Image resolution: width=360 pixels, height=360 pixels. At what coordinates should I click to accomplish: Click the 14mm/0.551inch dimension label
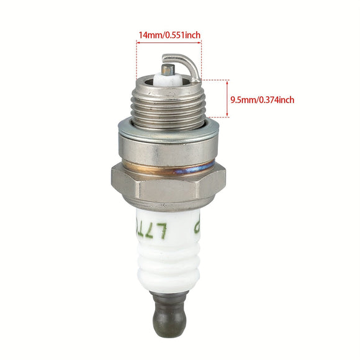[x=169, y=35]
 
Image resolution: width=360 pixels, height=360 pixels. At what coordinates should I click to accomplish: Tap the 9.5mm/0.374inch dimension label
[x=262, y=99]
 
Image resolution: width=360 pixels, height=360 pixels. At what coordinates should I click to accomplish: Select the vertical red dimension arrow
[x=228, y=98]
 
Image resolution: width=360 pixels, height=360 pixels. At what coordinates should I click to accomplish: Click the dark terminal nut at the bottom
[x=168, y=317]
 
